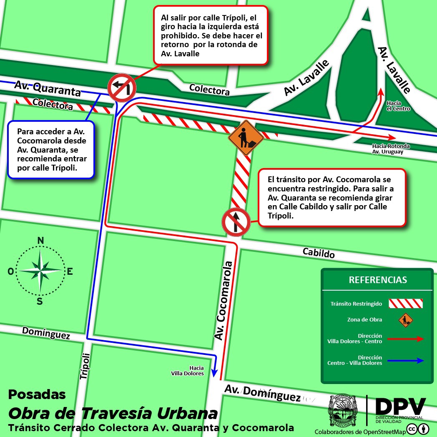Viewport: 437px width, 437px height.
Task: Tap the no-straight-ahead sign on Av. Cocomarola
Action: coord(236,222)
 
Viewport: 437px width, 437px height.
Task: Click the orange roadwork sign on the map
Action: coord(246,138)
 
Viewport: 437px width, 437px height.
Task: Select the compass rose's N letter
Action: coord(40,240)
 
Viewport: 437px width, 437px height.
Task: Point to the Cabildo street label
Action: coord(319,252)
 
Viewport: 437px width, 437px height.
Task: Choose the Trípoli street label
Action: coord(85,366)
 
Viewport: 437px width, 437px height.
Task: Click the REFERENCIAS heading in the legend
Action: coord(378,280)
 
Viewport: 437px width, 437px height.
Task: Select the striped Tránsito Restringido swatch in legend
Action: coord(406,304)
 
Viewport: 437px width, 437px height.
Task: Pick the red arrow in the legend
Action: coord(406,339)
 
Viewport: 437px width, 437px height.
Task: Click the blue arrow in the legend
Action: coord(406,360)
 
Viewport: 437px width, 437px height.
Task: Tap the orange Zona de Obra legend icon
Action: coord(405,320)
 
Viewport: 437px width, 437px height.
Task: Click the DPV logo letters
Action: coord(400,406)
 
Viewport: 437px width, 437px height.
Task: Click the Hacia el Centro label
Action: coord(398,106)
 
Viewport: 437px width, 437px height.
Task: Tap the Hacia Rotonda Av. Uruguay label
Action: coord(391,149)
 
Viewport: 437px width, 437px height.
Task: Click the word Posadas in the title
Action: coord(37,394)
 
